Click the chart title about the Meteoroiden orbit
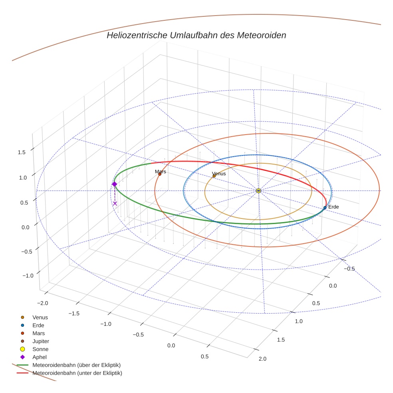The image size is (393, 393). pyautogui.click(x=196, y=35)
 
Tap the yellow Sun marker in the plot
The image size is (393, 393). pyautogui.click(x=258, y=191)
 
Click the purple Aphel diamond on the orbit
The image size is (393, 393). pyautogui.click(x=114, y=184)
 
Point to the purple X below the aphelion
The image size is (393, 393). pyautogui.click(x=115, y=204)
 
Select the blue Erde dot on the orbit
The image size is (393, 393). pyautogui.click(x=325, y=208)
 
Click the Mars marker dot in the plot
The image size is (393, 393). pyautogui.click(x=160, y=174)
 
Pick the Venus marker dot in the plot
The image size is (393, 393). pyautogui.click(x=214, y=176)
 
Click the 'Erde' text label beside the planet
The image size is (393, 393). pyautogui.click(x=333, y=207)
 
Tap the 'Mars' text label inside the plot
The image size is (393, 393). pyautogui.click(x=161, y=171)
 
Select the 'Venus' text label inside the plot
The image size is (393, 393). pyautogui.click(x=219, y=173)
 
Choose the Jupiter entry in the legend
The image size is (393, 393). pyautogui.click(x=41, y=341)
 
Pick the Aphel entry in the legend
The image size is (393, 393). pyautogui.click(x=39, y=357)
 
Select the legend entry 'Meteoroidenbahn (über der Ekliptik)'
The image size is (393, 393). pyautogui.click(x=76, y=365)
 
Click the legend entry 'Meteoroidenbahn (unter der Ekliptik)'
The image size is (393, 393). pyautogui.click(x=77, y=373)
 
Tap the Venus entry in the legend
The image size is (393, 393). pyautogui.click(x=40, y=317)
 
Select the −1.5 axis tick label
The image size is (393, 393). pyautogui.click(x=74, y=314)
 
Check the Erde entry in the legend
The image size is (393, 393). pyautogui.click(x=38, y=325)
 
